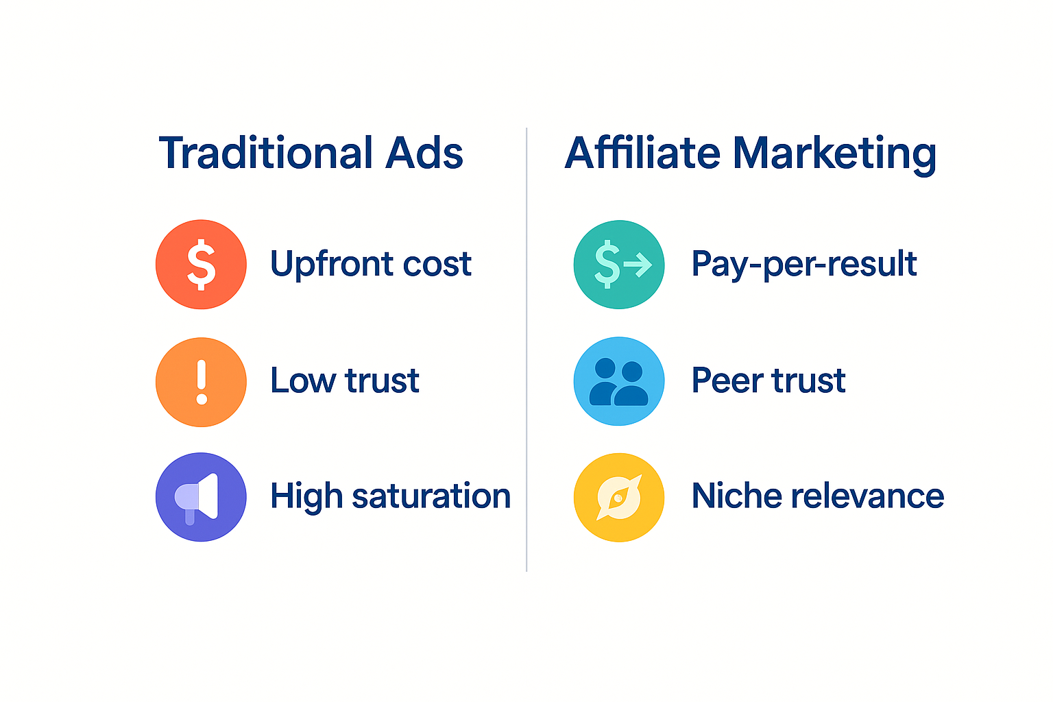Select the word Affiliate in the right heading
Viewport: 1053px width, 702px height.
coord(642,153)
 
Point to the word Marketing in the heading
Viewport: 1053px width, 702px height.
coord(834,154)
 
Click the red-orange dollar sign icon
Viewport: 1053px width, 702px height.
coord(201,265)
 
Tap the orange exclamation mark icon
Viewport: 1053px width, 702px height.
coord(201,382)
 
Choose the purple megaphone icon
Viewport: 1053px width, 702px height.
coord(201,497)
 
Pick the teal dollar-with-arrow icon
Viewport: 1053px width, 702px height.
coord(619,265)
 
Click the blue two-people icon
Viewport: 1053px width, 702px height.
coord(619,381)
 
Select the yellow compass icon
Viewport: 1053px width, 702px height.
coord(619,497)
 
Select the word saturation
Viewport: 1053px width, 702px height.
coord(431,496)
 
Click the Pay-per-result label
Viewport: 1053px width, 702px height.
coord(804,265)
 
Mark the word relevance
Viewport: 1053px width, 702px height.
coord(867,496)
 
